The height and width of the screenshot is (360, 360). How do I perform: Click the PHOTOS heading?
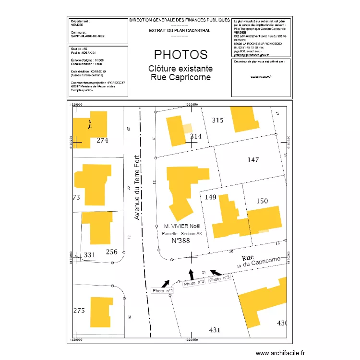click(180, 55)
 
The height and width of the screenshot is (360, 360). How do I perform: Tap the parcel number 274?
click(102, 141)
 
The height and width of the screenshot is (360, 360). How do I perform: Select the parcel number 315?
click(218, 120)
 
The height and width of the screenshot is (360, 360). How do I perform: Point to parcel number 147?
click(253, 160)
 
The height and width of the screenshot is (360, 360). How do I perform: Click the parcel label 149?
click(211, 197)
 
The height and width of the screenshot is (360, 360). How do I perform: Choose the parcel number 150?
click(262, 201)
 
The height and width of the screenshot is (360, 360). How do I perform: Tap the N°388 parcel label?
click(181, 240)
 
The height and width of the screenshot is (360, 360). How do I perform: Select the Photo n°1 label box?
click(162, 290)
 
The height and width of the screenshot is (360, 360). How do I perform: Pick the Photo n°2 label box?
click(194, 283)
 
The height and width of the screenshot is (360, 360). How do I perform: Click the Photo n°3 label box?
click(220, 279)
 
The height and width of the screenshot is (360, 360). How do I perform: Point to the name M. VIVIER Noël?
click(181, 226)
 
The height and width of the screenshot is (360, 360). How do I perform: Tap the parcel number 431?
click(215, 330)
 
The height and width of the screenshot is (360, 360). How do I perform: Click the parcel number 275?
click(79, 311)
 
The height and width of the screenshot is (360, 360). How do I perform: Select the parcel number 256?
click(111, 252)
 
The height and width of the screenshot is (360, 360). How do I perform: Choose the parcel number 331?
click(90, 255)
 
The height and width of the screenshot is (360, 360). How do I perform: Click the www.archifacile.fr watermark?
click(280, 353)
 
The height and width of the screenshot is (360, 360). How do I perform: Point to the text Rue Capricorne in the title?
click(180, 77)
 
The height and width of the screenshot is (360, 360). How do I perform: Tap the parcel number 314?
click(196, 136)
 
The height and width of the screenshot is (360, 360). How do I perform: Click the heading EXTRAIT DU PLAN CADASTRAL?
click(180, 30)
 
